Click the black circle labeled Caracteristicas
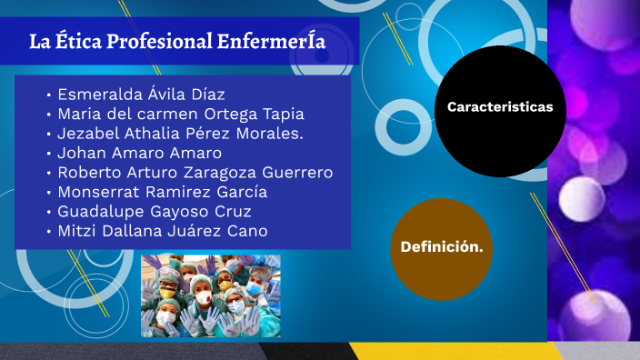tap(500, 112)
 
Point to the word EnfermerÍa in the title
tap(272, 42)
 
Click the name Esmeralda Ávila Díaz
tap(141, 95)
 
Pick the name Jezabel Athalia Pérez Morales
tap(180, 134)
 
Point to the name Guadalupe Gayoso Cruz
tap(154, 212)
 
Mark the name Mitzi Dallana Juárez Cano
tap(162, 231)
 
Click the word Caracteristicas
tap(500, 107)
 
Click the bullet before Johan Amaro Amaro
tap(48, 154)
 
